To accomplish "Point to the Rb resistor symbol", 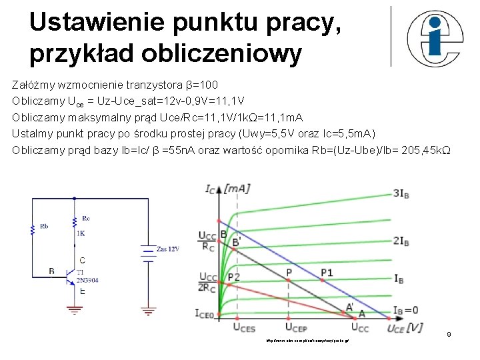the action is coord(32,229).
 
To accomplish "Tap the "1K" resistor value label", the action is coord(81,233).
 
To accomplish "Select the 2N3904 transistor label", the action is coord(87,280).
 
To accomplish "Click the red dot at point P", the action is coord(288,281).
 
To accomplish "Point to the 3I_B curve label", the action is coord(401,193).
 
